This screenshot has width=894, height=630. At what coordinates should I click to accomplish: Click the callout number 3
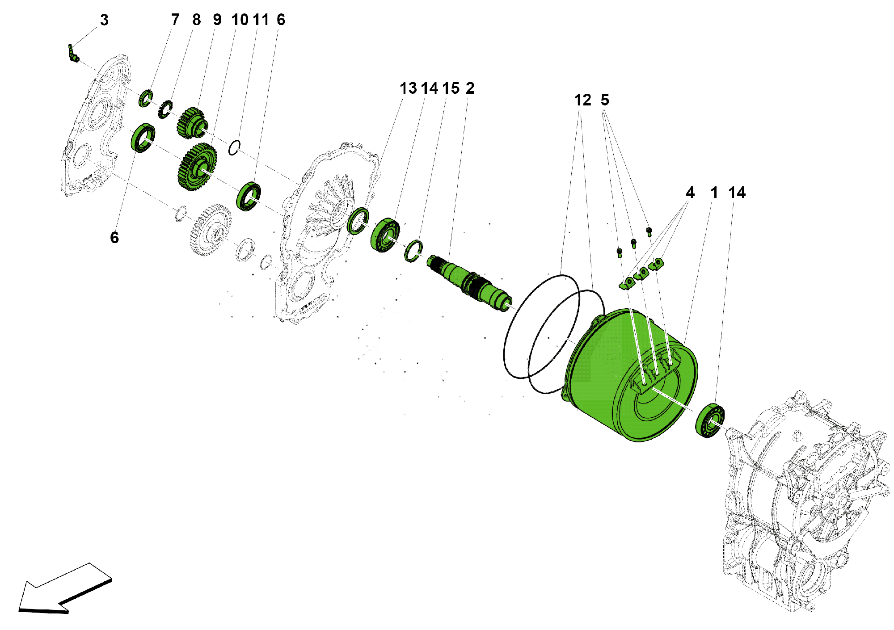click(x=104, y=20)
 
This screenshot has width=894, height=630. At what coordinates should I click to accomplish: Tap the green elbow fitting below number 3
click(x=73, y=54)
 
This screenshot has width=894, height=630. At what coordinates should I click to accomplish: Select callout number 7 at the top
click(x=175, y=20)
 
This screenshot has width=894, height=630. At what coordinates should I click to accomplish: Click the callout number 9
click(x=217, y=20)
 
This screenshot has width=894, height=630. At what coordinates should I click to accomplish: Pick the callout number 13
click(x=408, y=88)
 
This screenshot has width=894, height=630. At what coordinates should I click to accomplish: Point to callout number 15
click(x=451, y=88)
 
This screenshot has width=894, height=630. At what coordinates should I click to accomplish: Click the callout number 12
click(x=582, y=100)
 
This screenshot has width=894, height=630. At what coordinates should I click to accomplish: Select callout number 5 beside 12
click(x=605, y=100)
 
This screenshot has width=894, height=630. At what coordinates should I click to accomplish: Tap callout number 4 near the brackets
click(x=690, y=193)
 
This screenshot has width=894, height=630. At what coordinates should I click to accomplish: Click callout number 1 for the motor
click(x=714, y=193)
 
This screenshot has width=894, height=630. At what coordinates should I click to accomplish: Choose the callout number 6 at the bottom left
click(x=114, y=238)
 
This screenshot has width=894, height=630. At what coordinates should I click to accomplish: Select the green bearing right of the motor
click(x=710, y=420)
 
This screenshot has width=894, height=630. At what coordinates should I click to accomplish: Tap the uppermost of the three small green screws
click(x=649, y=231)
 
